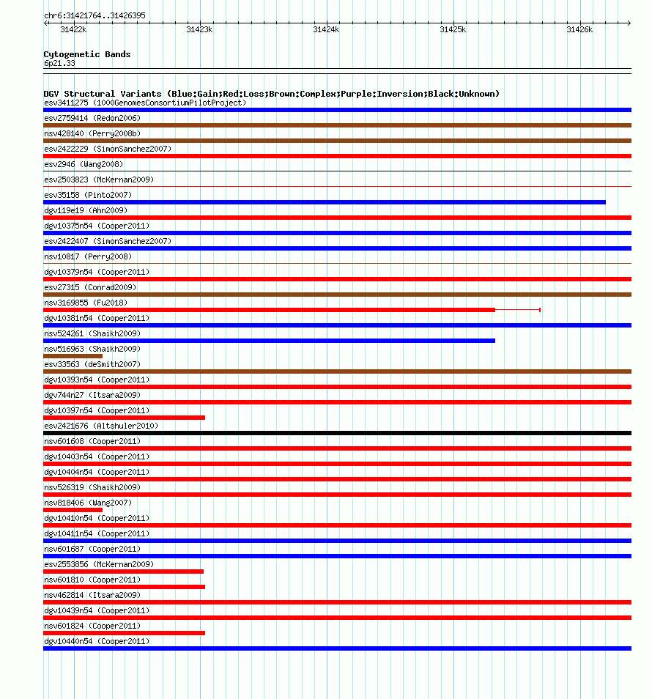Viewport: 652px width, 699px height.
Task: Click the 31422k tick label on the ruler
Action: [73, 29]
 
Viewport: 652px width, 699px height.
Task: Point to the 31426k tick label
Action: [579, 29]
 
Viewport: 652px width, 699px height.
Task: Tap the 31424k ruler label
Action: [326, 29]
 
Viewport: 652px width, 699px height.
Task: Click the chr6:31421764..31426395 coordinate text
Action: [95, 15]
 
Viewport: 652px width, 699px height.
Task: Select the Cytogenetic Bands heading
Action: [87, 54]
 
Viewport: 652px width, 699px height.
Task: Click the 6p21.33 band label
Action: [59, 64]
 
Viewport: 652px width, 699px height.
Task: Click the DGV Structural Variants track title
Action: [271, 94]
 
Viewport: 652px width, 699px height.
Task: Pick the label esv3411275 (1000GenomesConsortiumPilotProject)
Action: [145, 103]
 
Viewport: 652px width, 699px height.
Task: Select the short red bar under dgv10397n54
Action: [124, 418]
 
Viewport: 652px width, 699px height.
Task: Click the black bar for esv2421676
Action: [337, 433]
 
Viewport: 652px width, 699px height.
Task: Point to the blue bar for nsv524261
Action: [269, 341]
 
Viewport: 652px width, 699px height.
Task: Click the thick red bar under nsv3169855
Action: [269, 310]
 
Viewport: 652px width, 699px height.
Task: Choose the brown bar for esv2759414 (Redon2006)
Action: [337, 125]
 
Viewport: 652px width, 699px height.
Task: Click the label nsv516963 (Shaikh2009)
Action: [92, 349]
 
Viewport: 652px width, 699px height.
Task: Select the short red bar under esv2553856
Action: [123, 572]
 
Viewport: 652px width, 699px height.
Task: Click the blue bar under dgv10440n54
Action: [337, 648]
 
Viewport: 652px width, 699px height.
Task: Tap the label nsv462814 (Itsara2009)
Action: [92, 595]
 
